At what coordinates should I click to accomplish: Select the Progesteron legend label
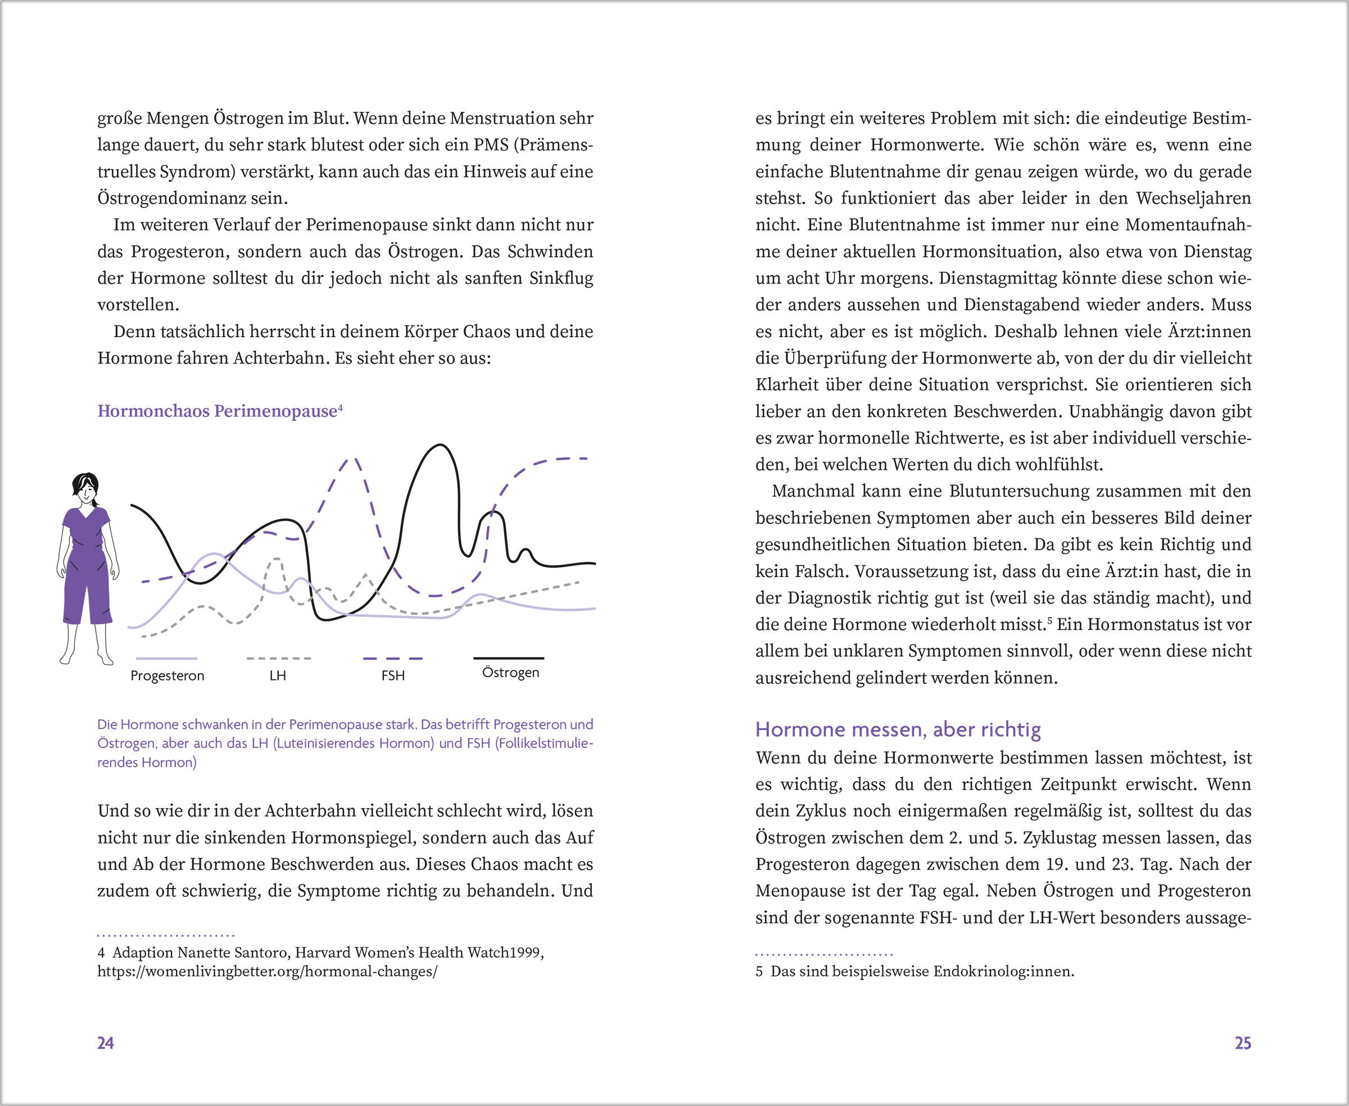[x=167, y=676]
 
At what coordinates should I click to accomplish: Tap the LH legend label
[x=277, y=676]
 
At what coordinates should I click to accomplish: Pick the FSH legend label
[x=392, y=676]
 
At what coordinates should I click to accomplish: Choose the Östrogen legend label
[x=510, y=673]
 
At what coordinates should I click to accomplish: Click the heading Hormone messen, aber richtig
[x=898, y=729]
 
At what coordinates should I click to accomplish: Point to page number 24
[x=105, y=1043]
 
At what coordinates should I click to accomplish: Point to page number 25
[x=1243, y=1043]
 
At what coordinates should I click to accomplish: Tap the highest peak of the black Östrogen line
[x=440, y=445]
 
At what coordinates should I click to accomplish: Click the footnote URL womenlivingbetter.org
[x=267, y=972]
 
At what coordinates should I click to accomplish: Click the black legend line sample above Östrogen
[x=509, y=658]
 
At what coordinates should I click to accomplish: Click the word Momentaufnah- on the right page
[x=1188, y=225]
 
